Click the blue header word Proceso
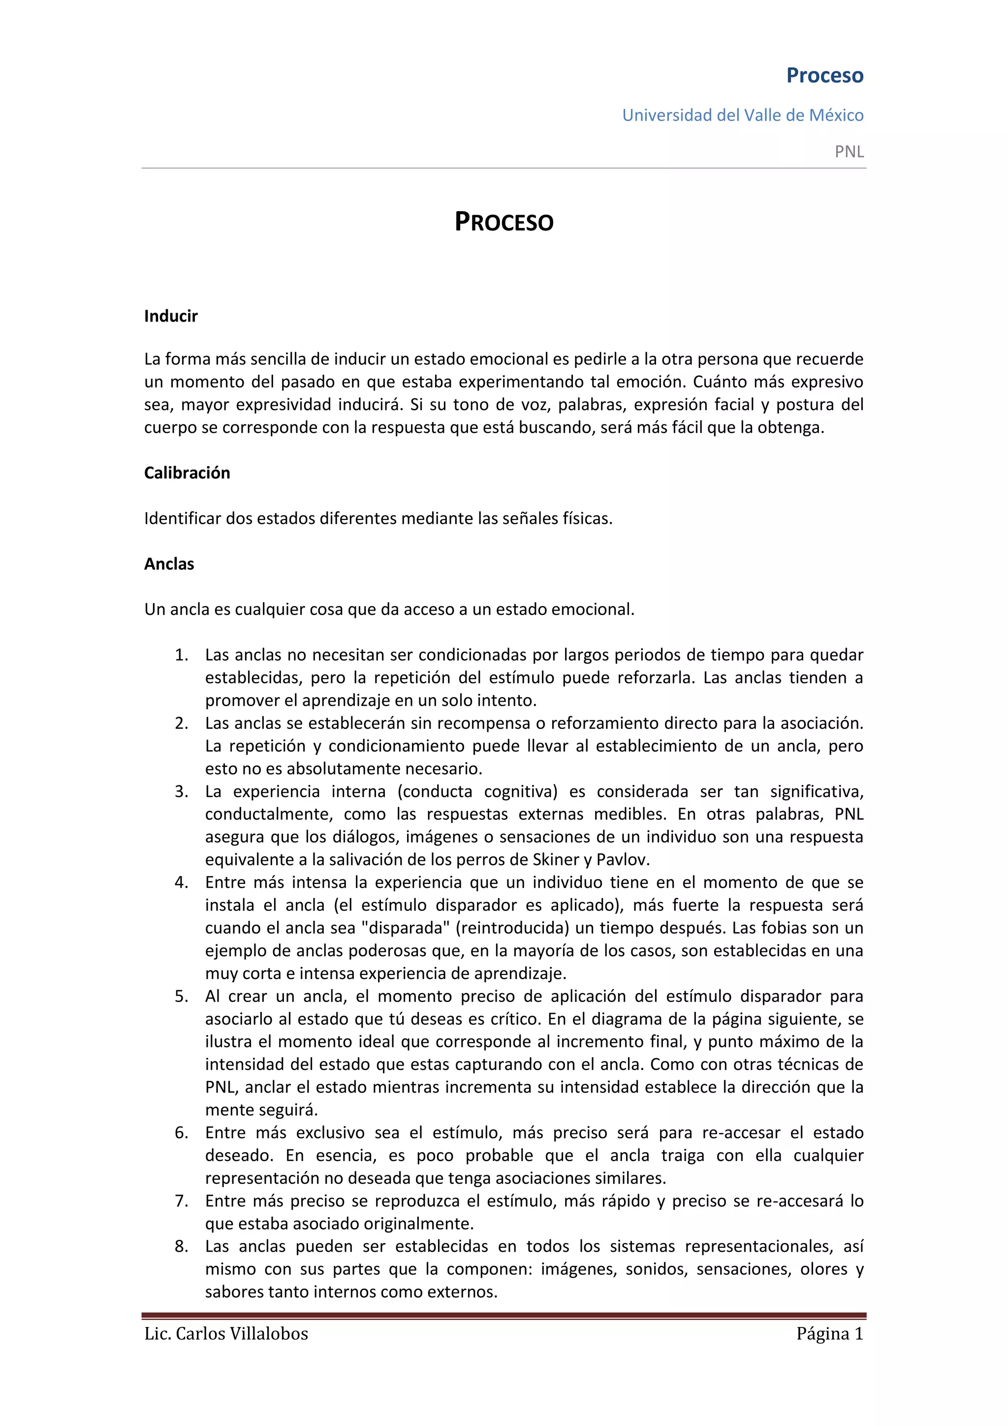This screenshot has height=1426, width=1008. [824, 75]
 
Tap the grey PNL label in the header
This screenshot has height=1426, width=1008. [849, 152]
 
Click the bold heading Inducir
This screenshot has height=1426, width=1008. [171, 316]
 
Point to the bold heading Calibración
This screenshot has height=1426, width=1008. [187, 473]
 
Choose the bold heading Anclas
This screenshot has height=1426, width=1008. [169, 564]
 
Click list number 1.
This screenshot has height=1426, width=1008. [181, 655]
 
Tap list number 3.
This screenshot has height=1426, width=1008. [181, 792]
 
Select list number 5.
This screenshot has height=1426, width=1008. [181, 997]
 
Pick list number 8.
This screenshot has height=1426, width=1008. [181, 1246]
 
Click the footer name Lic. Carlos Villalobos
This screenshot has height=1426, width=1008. [226, 1334]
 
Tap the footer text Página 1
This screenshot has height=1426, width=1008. [829, 1334]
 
